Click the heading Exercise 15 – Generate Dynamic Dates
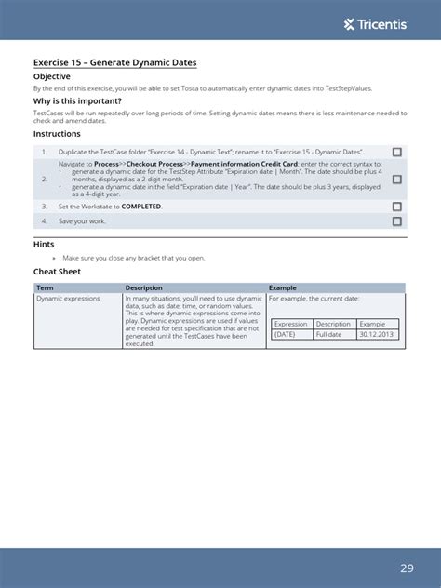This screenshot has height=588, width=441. tap(114, 63)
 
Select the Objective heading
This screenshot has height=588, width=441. tap(52, 76)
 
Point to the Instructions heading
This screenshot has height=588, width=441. tap(57, 134)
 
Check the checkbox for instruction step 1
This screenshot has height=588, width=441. tap(397, 152)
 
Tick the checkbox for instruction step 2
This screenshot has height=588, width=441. tap(397, 179)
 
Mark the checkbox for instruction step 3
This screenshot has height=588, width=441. tap(397, 207)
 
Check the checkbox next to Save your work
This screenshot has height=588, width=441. tap(397, 221)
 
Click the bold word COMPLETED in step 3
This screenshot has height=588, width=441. tap(141, 207)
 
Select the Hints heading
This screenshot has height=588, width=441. tap(44, 244)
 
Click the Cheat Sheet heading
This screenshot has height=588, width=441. tap(58, 272)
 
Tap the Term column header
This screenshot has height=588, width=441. tap(45, 288)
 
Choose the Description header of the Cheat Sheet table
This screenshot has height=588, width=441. tap(144, 288)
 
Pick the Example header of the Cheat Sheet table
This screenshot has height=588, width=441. tap(283, 288)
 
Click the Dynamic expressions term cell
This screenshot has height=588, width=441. tap(68, 299)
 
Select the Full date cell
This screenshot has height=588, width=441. tap(329, 334)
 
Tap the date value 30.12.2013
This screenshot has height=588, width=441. tap(377, 334)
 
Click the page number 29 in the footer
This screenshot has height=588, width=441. tap(408, 568)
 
